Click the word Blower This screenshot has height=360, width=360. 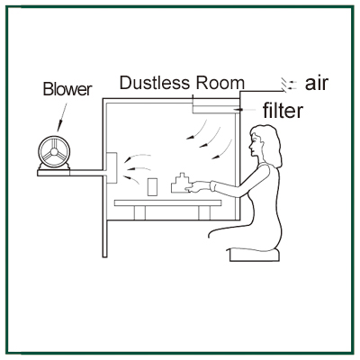(x=67, y=89)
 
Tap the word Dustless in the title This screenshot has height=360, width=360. (x=155, y=83)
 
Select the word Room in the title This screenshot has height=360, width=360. (x=220, y=83)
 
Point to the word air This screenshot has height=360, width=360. (x=316, y=83)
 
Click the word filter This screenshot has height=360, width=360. (x=283, y=111)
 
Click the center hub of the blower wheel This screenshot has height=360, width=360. (x=54, y=151)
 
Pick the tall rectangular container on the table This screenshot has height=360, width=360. (x=152, y=187)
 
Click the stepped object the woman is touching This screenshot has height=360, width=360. (x=180, y=183)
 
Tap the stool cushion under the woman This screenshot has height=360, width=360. (x=255, y=255)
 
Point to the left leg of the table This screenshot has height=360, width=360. (x=139, y=212)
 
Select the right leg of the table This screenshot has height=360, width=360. (x=204, y=212)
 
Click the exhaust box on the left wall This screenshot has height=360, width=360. (x=112, y=168)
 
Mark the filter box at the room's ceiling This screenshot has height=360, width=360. (x=213, y=108)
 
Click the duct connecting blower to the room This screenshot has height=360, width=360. (x=87, y=173)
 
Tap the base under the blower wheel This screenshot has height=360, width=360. (x=54, y=173)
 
